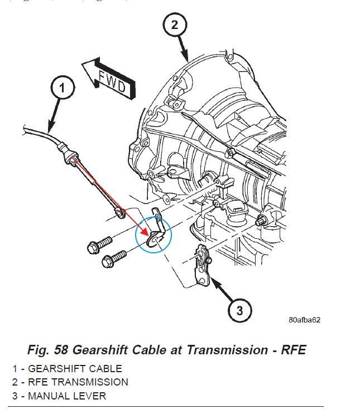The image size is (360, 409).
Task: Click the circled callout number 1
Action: [x=63, y=88]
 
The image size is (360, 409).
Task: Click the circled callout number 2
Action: [x=174, y=24]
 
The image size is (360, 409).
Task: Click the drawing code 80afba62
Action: [x=304, y=320]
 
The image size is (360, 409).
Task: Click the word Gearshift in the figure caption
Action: [x=98, y=350]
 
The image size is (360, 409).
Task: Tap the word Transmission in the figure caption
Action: [x=223, y=350]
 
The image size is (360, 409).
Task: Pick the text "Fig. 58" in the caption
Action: [x=45, y=350]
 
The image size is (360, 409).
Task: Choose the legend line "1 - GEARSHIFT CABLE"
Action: [x=67, y=368]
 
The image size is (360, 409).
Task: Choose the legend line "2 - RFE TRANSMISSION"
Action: [x=70, y=382]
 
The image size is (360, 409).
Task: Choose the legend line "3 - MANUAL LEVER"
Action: [x=59, y=396]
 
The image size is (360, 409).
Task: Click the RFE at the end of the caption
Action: [x=293, y=350]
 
